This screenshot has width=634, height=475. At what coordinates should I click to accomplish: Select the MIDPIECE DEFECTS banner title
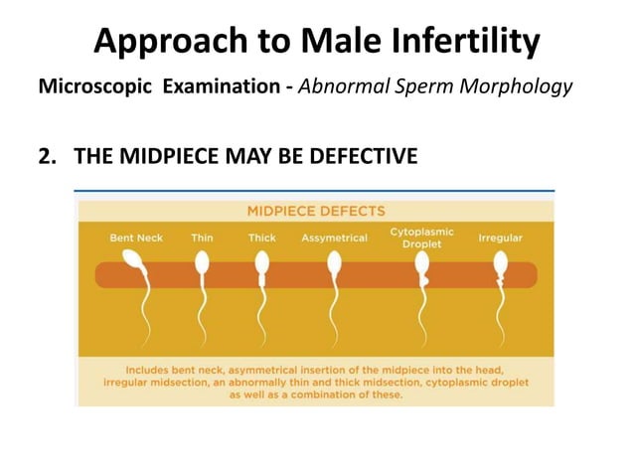click(316, 210)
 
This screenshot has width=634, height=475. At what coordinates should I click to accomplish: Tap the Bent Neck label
click(136, 238)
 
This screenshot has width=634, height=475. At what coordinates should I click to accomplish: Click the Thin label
click(202, 238)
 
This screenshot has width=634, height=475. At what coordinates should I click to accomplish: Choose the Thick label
click(261, 238)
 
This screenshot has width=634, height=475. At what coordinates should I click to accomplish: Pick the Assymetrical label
click(334, 238)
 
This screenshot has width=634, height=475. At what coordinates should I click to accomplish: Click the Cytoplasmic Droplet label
click(421, 237)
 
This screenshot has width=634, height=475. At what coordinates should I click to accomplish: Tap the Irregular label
click(501, 238)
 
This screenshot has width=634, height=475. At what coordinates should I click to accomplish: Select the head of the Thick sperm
click(262, 262)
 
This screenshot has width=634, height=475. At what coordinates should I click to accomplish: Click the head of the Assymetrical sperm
click(334, 262)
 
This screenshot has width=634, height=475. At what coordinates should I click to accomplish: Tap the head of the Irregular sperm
click(501, 262)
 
